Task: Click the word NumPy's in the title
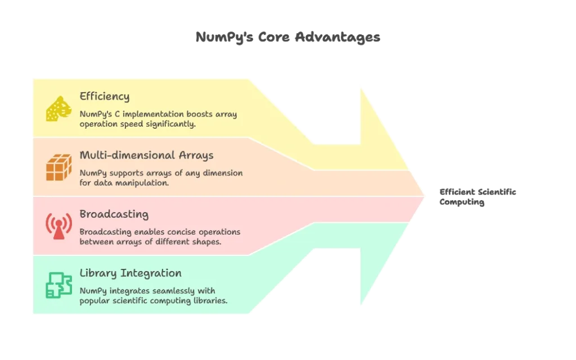click(x=224, y=38)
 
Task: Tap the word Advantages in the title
click(x=337, y=38)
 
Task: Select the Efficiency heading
click(x=105, y=96)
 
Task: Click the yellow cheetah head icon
click(x=58, y=109)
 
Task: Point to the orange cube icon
click(x=58, y=167)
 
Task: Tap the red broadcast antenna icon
click(x=58, y=226)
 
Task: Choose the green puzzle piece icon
click(x=58, y=285)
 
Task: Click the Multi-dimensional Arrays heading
click(x=147, y=155)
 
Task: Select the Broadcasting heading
click(x=114, y=214)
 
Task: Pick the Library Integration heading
click(x=130, y=273)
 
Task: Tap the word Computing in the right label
click(x=462, y=202)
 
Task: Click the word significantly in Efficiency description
click(x=171, y=124)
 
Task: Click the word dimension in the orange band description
click(x=223, y=173)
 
